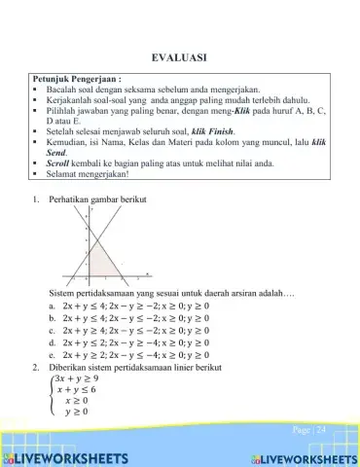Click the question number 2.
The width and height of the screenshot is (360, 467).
pos(35,367)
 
